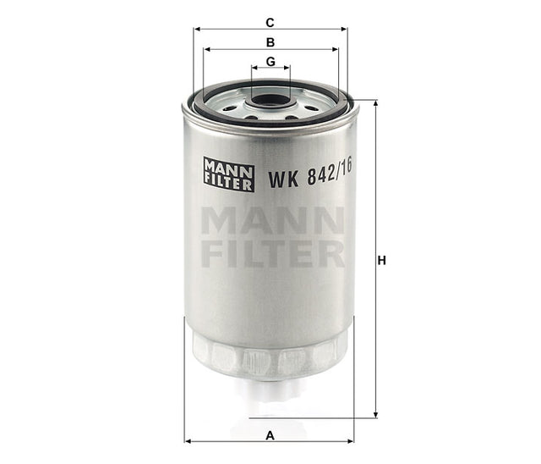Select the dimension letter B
pos(270,41)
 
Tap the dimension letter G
pos(270,62)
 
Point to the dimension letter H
pos(382,261)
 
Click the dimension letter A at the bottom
pos(270,435)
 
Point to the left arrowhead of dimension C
pos(198,29)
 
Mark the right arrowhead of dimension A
pos(352,441)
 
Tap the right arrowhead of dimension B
pos(335,49)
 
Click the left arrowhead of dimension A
pos(189,441)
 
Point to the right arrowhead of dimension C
pos(344,29)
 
